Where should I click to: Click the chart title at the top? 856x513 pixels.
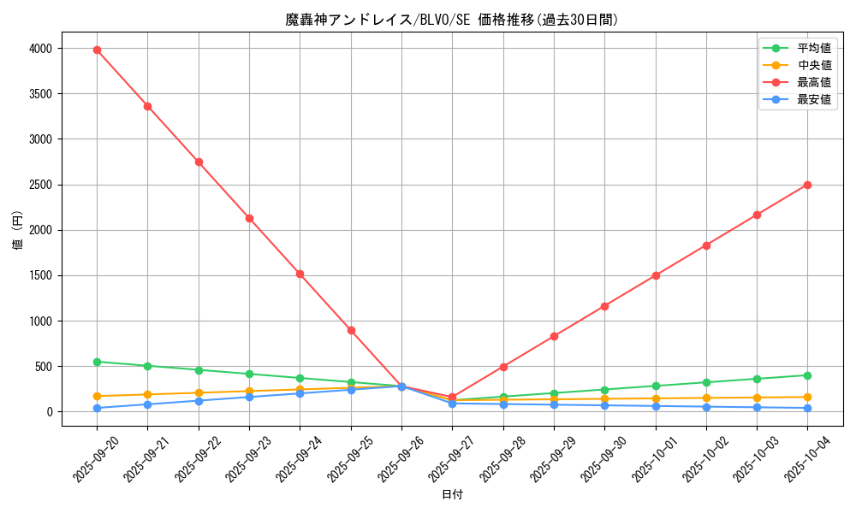452,20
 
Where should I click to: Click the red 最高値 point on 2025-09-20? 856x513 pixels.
97,50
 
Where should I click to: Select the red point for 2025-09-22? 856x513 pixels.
199,162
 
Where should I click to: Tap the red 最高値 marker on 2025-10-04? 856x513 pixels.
807,185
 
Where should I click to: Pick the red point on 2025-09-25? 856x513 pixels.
351,330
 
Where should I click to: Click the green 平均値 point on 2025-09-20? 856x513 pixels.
97,362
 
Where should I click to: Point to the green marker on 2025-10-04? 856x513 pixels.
807,375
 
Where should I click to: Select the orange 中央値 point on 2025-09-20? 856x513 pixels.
97,396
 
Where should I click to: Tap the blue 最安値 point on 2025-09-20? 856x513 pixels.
97,408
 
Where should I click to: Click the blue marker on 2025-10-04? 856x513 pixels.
807,408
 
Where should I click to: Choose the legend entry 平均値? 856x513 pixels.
813,49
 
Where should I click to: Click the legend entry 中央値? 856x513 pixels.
813,65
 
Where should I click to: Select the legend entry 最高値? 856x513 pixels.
813,82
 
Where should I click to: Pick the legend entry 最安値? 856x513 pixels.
813,99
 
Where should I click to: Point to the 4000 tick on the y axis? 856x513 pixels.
40,49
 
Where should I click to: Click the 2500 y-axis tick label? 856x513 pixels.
40,185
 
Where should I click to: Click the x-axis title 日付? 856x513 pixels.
452,495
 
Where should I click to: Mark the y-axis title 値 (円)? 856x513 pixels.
18,231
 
